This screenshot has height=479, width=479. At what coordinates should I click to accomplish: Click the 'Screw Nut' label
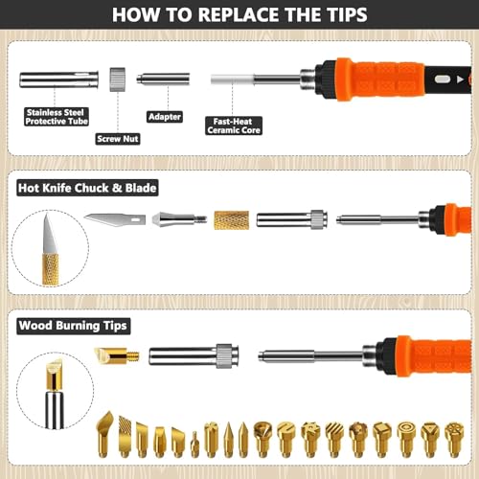click(118, 139)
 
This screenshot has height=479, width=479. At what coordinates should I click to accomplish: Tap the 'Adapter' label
click(165, 117)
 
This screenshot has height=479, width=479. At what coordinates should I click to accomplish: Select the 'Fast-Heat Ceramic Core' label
click(234, 125)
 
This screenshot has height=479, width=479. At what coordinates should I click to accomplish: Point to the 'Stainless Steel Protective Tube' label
click(57, 117)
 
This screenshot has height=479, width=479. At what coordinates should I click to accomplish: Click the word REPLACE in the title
click(239, 14)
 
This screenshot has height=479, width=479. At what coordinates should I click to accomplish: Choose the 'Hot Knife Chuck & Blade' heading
click(87, 188)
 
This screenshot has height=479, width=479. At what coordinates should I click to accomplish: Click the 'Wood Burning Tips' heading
click(73, 326)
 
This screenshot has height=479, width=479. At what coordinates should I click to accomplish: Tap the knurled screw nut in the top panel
click(117, 80)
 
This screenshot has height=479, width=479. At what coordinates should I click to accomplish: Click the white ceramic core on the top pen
click(232, 80)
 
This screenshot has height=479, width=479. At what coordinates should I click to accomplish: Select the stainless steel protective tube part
click(59, 80)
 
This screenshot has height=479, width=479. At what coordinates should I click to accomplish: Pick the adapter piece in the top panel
click(163, 80)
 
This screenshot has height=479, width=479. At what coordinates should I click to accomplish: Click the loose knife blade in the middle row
click(115, 219)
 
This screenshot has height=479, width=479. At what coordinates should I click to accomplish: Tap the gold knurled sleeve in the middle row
click(232, 220)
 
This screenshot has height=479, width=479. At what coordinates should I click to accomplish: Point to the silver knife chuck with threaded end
click(179, 219)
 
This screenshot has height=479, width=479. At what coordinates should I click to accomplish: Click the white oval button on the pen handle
click(443, 80)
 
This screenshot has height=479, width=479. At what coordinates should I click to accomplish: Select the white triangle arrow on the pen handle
click(460, 80)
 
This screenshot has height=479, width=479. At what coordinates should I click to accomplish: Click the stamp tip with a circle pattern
click(406, 440)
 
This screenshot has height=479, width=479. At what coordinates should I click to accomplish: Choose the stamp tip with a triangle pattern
click(430, 440)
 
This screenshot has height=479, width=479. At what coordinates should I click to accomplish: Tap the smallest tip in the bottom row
click(194, 445)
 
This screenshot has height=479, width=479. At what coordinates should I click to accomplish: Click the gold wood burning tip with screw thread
click(117, 355)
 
